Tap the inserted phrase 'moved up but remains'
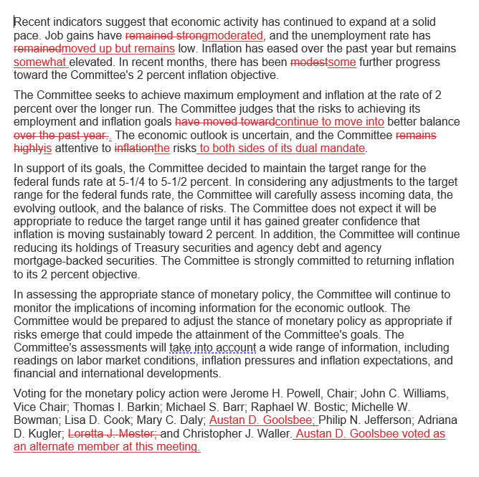pyautogui.click(x=118, y=49)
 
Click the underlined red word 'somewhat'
pyautogui.click(x=40, y=62)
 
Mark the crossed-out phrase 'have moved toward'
pyautogui.click(x=224, y=122)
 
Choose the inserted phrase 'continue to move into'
pyautogui.click(x=329, y=122)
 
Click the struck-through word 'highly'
pyautogui.click(x=29, y=148)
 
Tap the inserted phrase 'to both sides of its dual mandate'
pyautogui.click(x=282, y=148)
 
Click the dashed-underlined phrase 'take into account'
pyautogui.click(x=213, y=348)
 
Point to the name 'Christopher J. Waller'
pyautogui.click(x=237, y=434)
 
